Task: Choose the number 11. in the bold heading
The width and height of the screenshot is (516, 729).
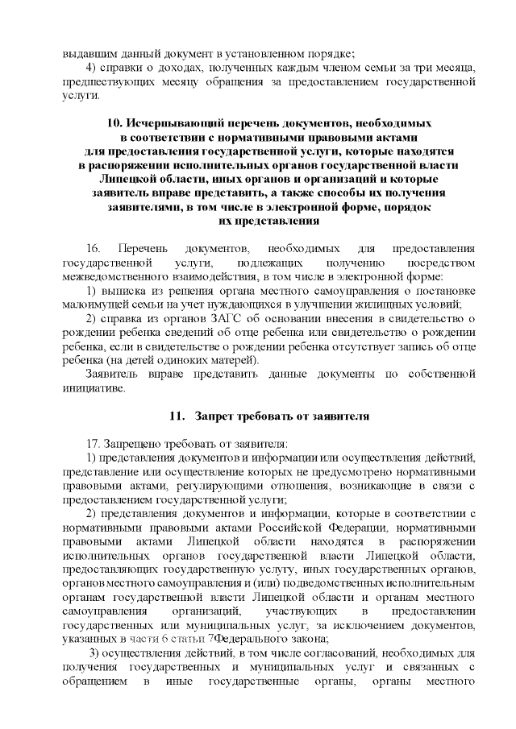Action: [x=176, y=416]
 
